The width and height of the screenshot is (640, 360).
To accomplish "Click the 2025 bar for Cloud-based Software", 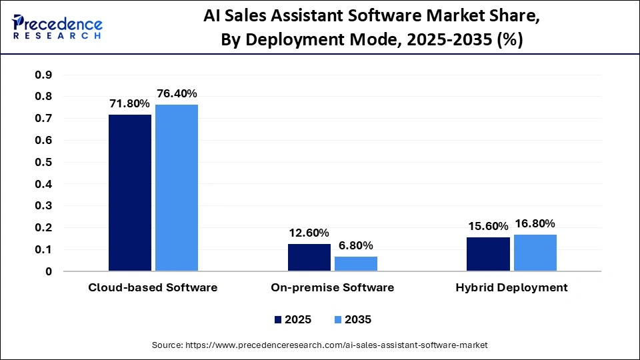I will click(x=130, y=193).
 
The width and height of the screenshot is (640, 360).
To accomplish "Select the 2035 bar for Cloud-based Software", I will click(x=177, y=188).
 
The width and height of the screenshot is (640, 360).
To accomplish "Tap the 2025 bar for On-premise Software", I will click(x=309, y=257).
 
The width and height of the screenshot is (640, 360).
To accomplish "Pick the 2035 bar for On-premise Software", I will click(x=356, y=264).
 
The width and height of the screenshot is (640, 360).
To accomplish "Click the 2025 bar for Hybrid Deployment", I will click(x=488, y=254).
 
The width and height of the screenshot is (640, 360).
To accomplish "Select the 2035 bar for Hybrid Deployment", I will click(x=535, y=253).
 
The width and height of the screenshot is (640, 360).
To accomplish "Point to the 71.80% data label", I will click(x=129, y=104).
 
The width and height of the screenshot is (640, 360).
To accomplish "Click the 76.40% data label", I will click(x=177, y=94).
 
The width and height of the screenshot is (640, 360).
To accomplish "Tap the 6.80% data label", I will click(x=356, y=245).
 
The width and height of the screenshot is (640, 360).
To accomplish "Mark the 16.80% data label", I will click(x=535, y=223).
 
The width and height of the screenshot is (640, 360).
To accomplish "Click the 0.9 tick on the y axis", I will click(x=43, y=75).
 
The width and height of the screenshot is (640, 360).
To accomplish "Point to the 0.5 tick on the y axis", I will click(x=43, y=162).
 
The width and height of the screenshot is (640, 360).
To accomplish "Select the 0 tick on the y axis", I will click(x=48, y=272).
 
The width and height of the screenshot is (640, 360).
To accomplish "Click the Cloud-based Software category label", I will click(x=153, y=288).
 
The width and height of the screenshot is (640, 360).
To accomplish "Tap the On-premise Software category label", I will click(x=332, y=288).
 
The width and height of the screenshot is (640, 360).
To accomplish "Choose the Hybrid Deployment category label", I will click(x=511, y=288).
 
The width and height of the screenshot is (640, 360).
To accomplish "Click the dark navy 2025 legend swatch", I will click(x=278, y=320).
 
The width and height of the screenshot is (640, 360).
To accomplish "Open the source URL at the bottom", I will click(x=320, y=345).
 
